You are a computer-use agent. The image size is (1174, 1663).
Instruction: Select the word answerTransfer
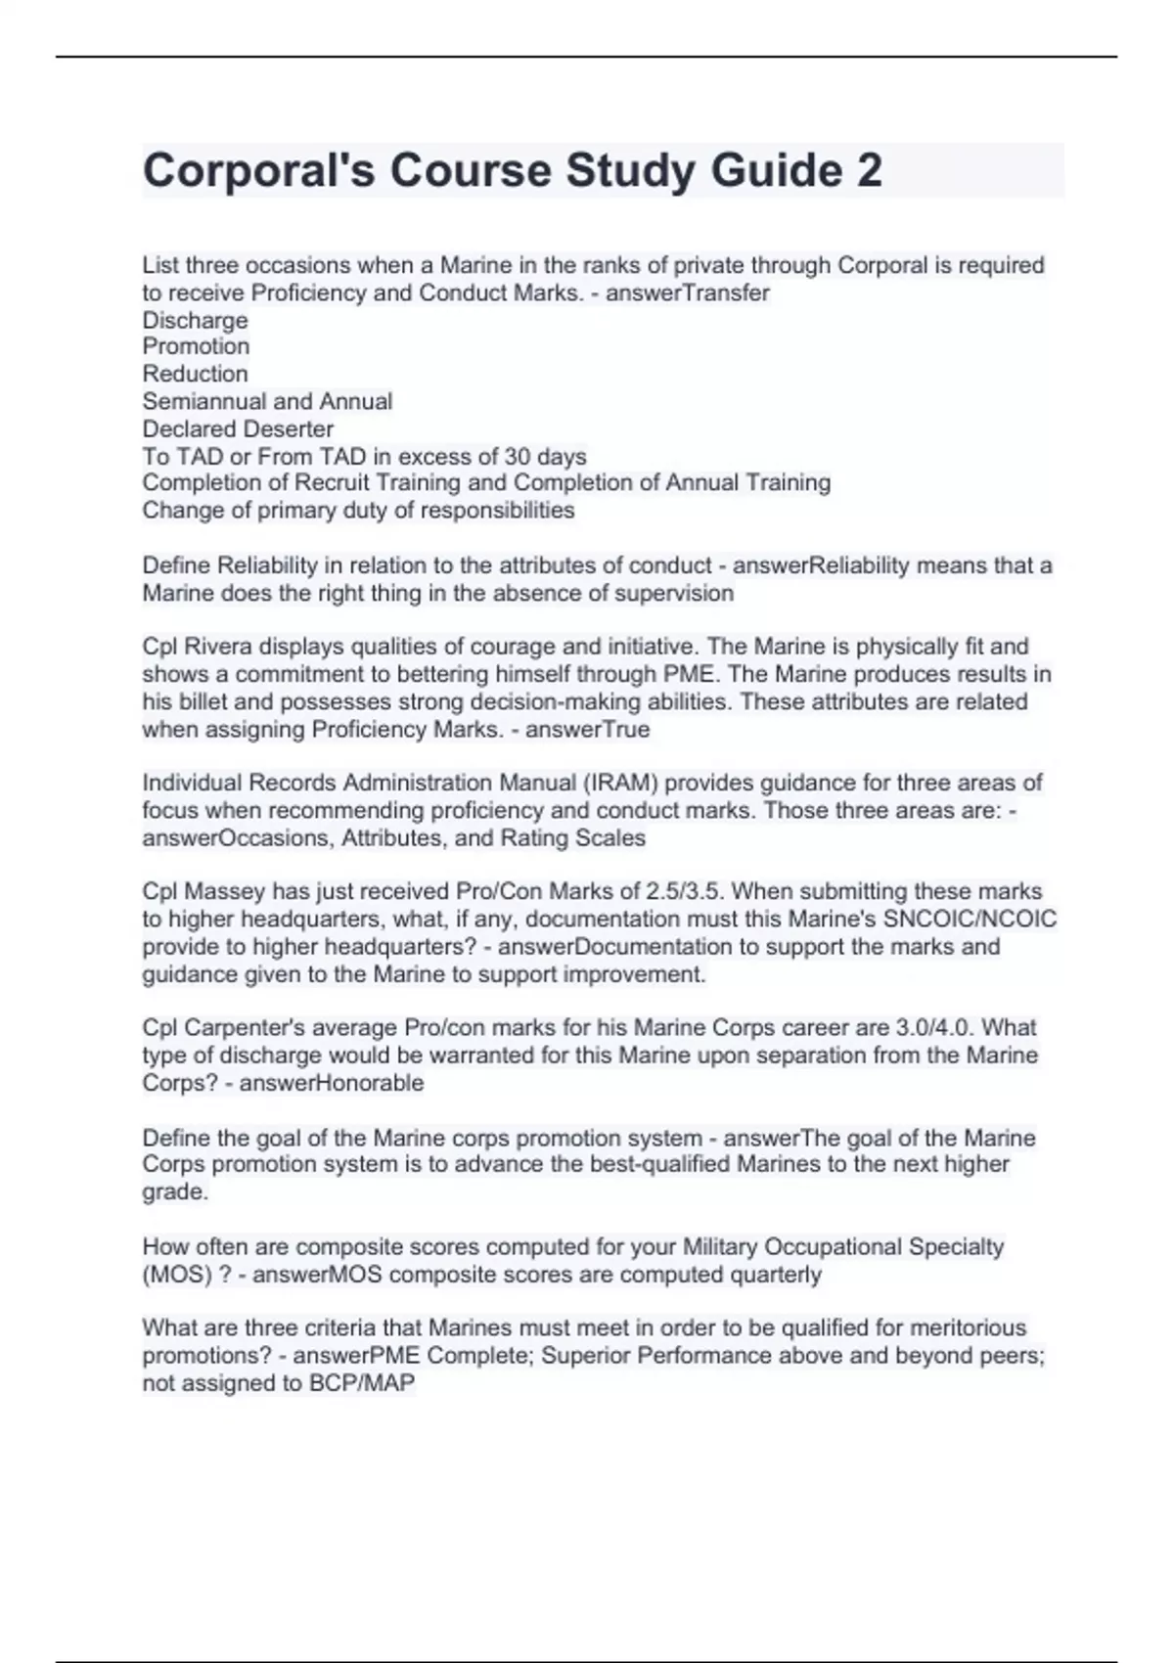(688, 292)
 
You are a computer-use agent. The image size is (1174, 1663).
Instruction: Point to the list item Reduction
(195, 374)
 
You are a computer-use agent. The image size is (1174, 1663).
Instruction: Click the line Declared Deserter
(238, 428)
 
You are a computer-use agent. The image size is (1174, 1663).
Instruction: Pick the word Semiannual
(203, 401)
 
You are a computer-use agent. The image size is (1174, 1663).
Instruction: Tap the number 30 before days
(518, 456)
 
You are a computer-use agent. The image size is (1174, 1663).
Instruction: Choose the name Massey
(221, 891)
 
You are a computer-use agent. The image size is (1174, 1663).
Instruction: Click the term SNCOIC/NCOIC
(970, 919)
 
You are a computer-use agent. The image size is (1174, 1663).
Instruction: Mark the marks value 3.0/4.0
(934, 1027)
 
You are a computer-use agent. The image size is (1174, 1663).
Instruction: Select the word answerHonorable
(332, 1083)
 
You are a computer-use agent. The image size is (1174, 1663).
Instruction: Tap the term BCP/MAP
(362, 1383)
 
